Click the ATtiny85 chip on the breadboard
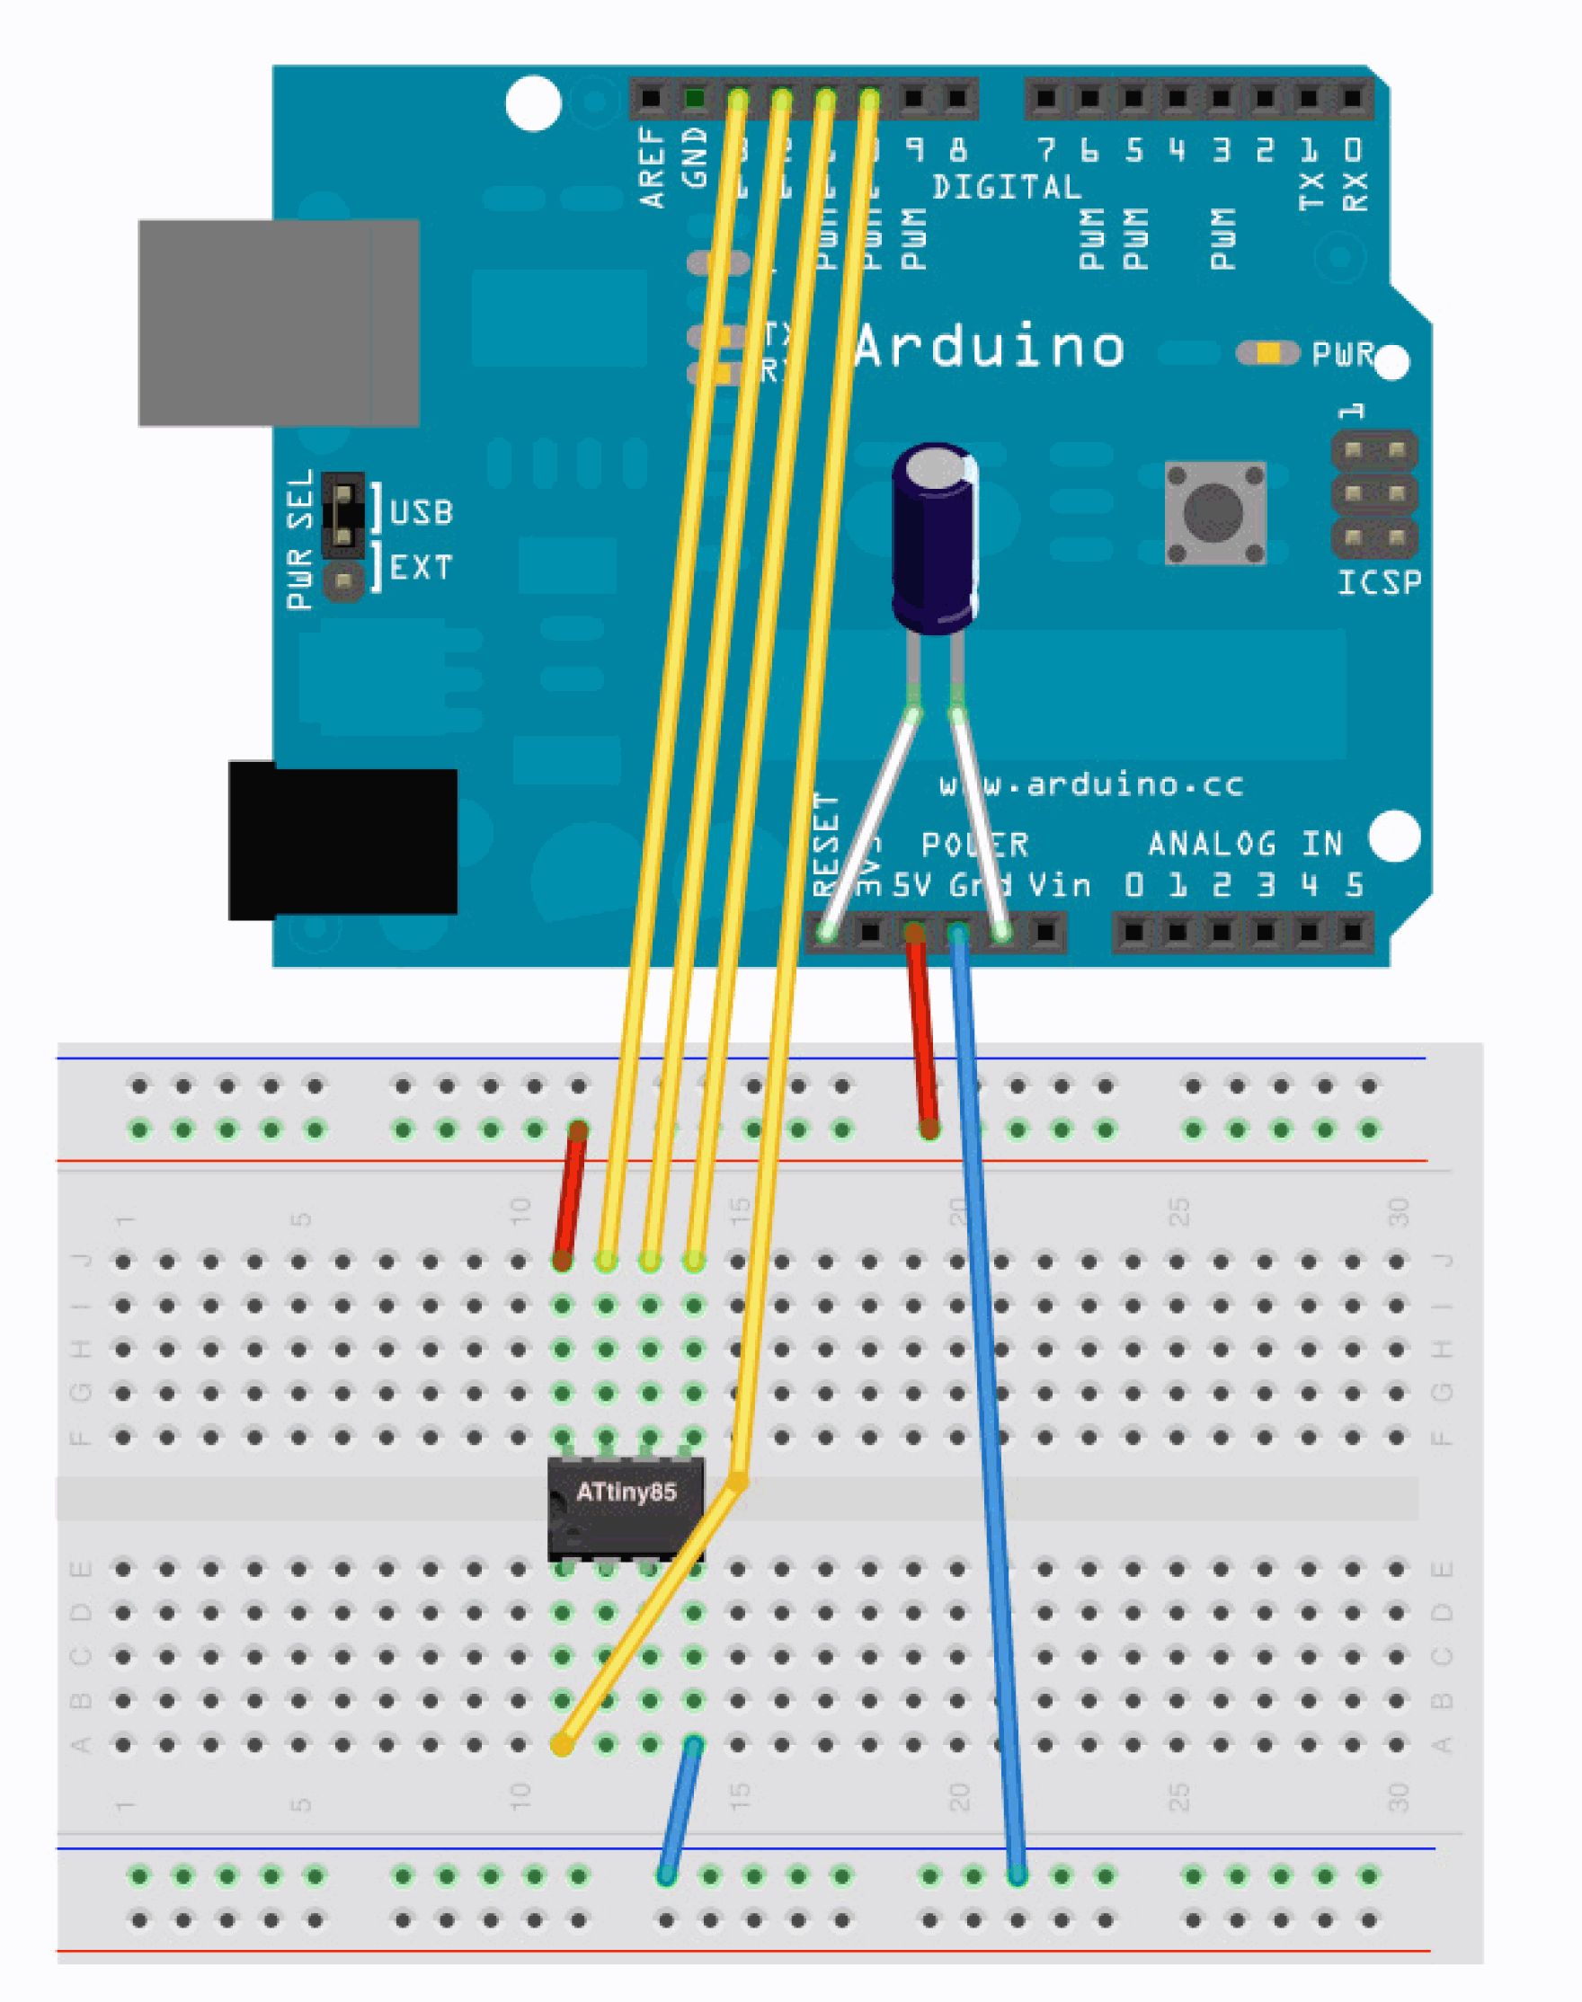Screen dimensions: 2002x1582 (626, 1508)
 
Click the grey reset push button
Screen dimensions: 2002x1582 (1214, 513)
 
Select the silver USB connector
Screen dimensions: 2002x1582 (278, 323)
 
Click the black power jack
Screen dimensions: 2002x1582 (342, 841)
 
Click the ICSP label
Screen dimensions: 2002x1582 (1379, 582)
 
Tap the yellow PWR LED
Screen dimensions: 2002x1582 (1268, 353)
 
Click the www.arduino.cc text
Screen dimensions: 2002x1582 (1091, 785)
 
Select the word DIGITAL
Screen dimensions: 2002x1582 (1007, 188)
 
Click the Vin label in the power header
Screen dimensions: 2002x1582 (1060, 885)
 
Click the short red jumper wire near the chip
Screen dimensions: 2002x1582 (570, 1194)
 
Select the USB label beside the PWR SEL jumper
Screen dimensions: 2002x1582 (422, 512)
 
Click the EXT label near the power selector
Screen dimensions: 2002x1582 (422, 567)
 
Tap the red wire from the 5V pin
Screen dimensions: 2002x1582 (922, 1032)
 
